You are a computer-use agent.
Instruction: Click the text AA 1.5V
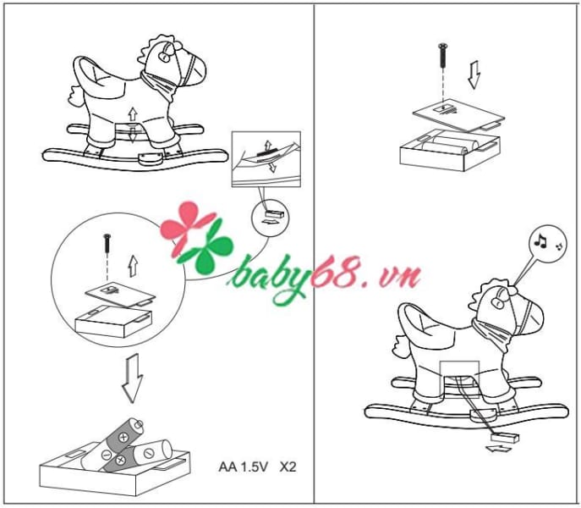(243, 467)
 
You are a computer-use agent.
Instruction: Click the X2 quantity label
(288, 467)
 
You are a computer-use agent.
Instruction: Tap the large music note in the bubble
(540, 240)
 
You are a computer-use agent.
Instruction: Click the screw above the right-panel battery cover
(441, 56)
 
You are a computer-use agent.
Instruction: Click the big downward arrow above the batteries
(132, 378)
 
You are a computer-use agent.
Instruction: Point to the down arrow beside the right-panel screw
(474, 75)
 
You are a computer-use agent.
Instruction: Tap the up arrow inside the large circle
(133, 266)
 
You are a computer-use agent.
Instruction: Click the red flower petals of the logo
(185, 226)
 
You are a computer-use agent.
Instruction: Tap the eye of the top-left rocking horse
(164, 56)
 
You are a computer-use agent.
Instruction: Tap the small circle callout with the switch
(270, 218)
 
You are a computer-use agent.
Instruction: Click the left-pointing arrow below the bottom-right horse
(499, 449)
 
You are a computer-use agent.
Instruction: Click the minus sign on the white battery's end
(149, 453)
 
